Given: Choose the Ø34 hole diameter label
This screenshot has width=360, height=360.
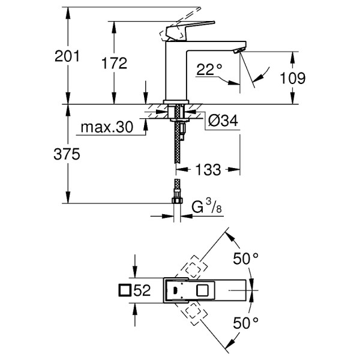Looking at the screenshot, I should (223, 121).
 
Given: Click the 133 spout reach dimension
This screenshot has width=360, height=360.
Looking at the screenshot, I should (208, 170).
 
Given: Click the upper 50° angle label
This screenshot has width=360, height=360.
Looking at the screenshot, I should (245, 259).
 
